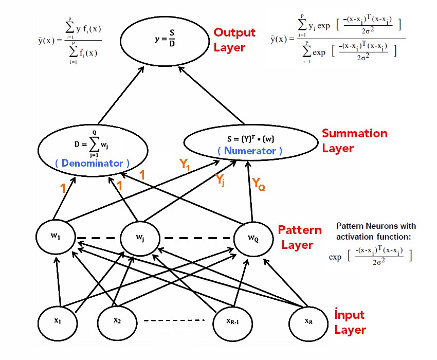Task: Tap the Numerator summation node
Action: coord(249,142)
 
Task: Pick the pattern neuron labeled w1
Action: coord(56,237)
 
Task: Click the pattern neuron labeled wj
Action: coord(140,239)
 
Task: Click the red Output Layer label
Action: coord(234,40)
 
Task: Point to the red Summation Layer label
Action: coord(355,141)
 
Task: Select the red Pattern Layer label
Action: coord(300,237)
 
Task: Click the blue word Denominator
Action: coord(92,163)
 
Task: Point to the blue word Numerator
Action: coord(250,151)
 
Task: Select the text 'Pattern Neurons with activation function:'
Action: coord(376,231)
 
